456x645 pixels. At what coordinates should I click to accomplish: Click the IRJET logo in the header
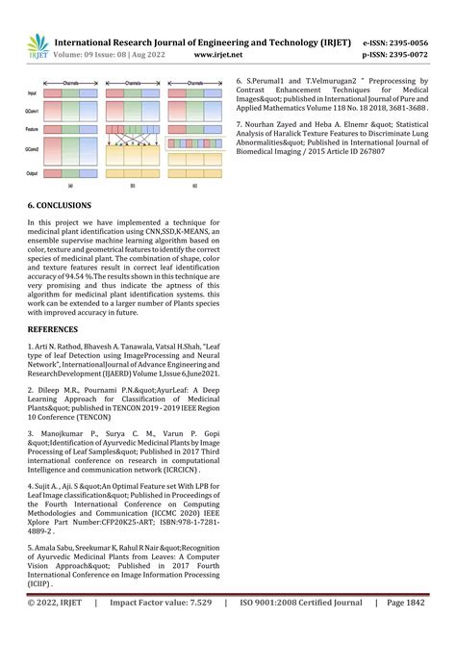click(37, 46)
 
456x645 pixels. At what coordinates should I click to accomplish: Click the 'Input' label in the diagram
click(32, 94)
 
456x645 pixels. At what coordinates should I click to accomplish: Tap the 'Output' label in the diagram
click(33, 173)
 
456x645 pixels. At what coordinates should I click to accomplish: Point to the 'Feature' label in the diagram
click(33, 127)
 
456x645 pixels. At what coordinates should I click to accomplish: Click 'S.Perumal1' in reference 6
click(269, 80)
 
